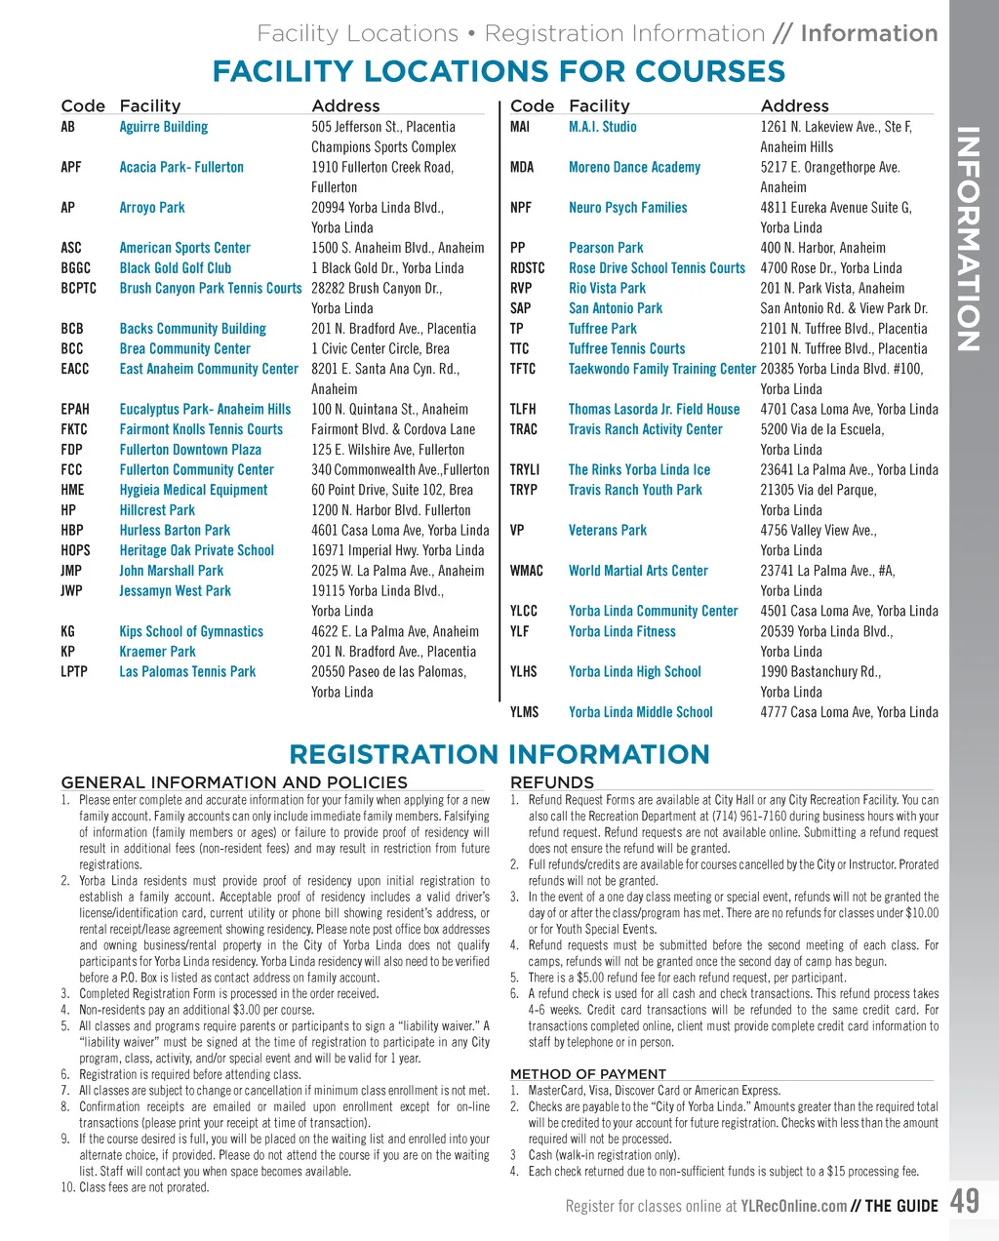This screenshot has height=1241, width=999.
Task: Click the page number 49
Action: [x=964, y=1201]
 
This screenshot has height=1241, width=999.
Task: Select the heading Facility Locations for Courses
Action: [x=499, y=71]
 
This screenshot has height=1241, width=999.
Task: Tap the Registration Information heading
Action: [x=499, y=754]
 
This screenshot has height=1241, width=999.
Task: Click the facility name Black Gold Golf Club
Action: [x=176, y=268]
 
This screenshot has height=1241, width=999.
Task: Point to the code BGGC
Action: [x=75, y=268]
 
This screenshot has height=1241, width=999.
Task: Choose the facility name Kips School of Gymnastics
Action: [x=191, y=631]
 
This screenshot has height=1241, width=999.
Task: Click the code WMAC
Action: [x=527, y=571]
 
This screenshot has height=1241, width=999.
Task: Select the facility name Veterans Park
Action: [x=608, y=531]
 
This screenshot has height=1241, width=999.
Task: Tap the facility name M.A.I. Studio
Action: [x=602, y=127]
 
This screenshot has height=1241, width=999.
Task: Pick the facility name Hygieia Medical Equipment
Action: [x=193, y=490]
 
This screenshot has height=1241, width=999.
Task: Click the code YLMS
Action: [x=524, y=712]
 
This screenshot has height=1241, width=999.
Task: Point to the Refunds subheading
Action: [x=551, y=782]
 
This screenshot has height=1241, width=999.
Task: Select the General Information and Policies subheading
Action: [x=234, y=782]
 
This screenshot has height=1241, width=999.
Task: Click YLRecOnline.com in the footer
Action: [x=793, y=1207]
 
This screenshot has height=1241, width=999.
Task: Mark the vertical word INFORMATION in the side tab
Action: [x=969, y=239]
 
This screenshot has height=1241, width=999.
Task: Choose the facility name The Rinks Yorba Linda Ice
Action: [x=639, y=470]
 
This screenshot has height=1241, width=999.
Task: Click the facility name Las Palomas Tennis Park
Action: [x=187, y=672]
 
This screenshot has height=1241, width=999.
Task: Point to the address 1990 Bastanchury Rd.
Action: [x=820, y=672]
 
